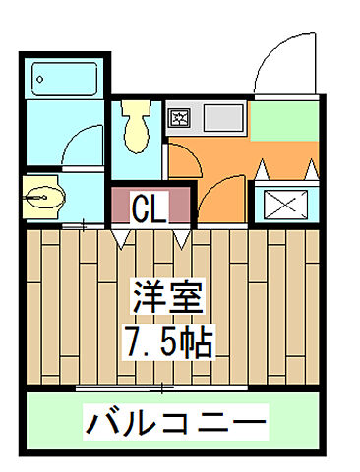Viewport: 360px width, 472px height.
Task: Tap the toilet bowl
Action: pos(136,126)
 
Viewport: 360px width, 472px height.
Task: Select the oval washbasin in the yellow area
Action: pos(39,196)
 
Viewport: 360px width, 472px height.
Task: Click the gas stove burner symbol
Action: pos(180,120)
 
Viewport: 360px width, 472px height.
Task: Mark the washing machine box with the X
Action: pos(284,205)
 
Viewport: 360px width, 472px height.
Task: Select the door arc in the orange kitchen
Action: pos(210,187)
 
